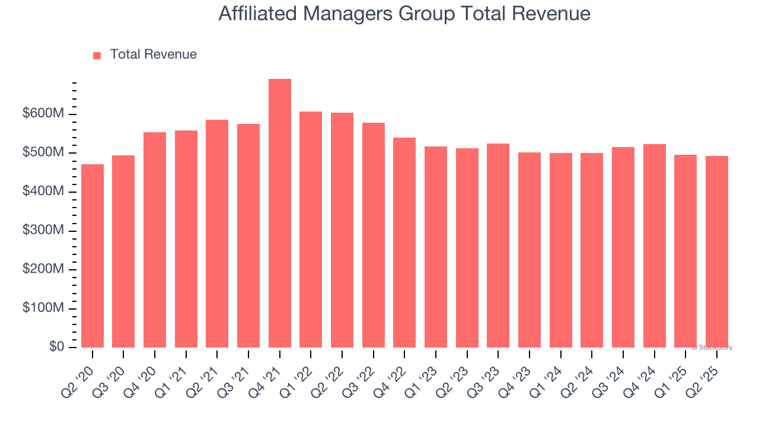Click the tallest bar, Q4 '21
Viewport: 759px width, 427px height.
[x=280, y=213]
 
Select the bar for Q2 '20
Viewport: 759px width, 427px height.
[x=93, y=256]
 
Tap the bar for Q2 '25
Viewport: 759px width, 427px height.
[x=717, y=251]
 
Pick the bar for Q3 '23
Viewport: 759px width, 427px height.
[x=498, y=246]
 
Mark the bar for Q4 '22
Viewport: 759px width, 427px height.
[x=404, y=243]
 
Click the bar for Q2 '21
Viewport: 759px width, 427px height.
[x=217, y=234]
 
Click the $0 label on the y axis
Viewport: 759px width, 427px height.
[x=57, y=347]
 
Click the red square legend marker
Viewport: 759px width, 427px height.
[x=97, y=55]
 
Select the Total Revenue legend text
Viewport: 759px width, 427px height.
[x=153, y=55]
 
